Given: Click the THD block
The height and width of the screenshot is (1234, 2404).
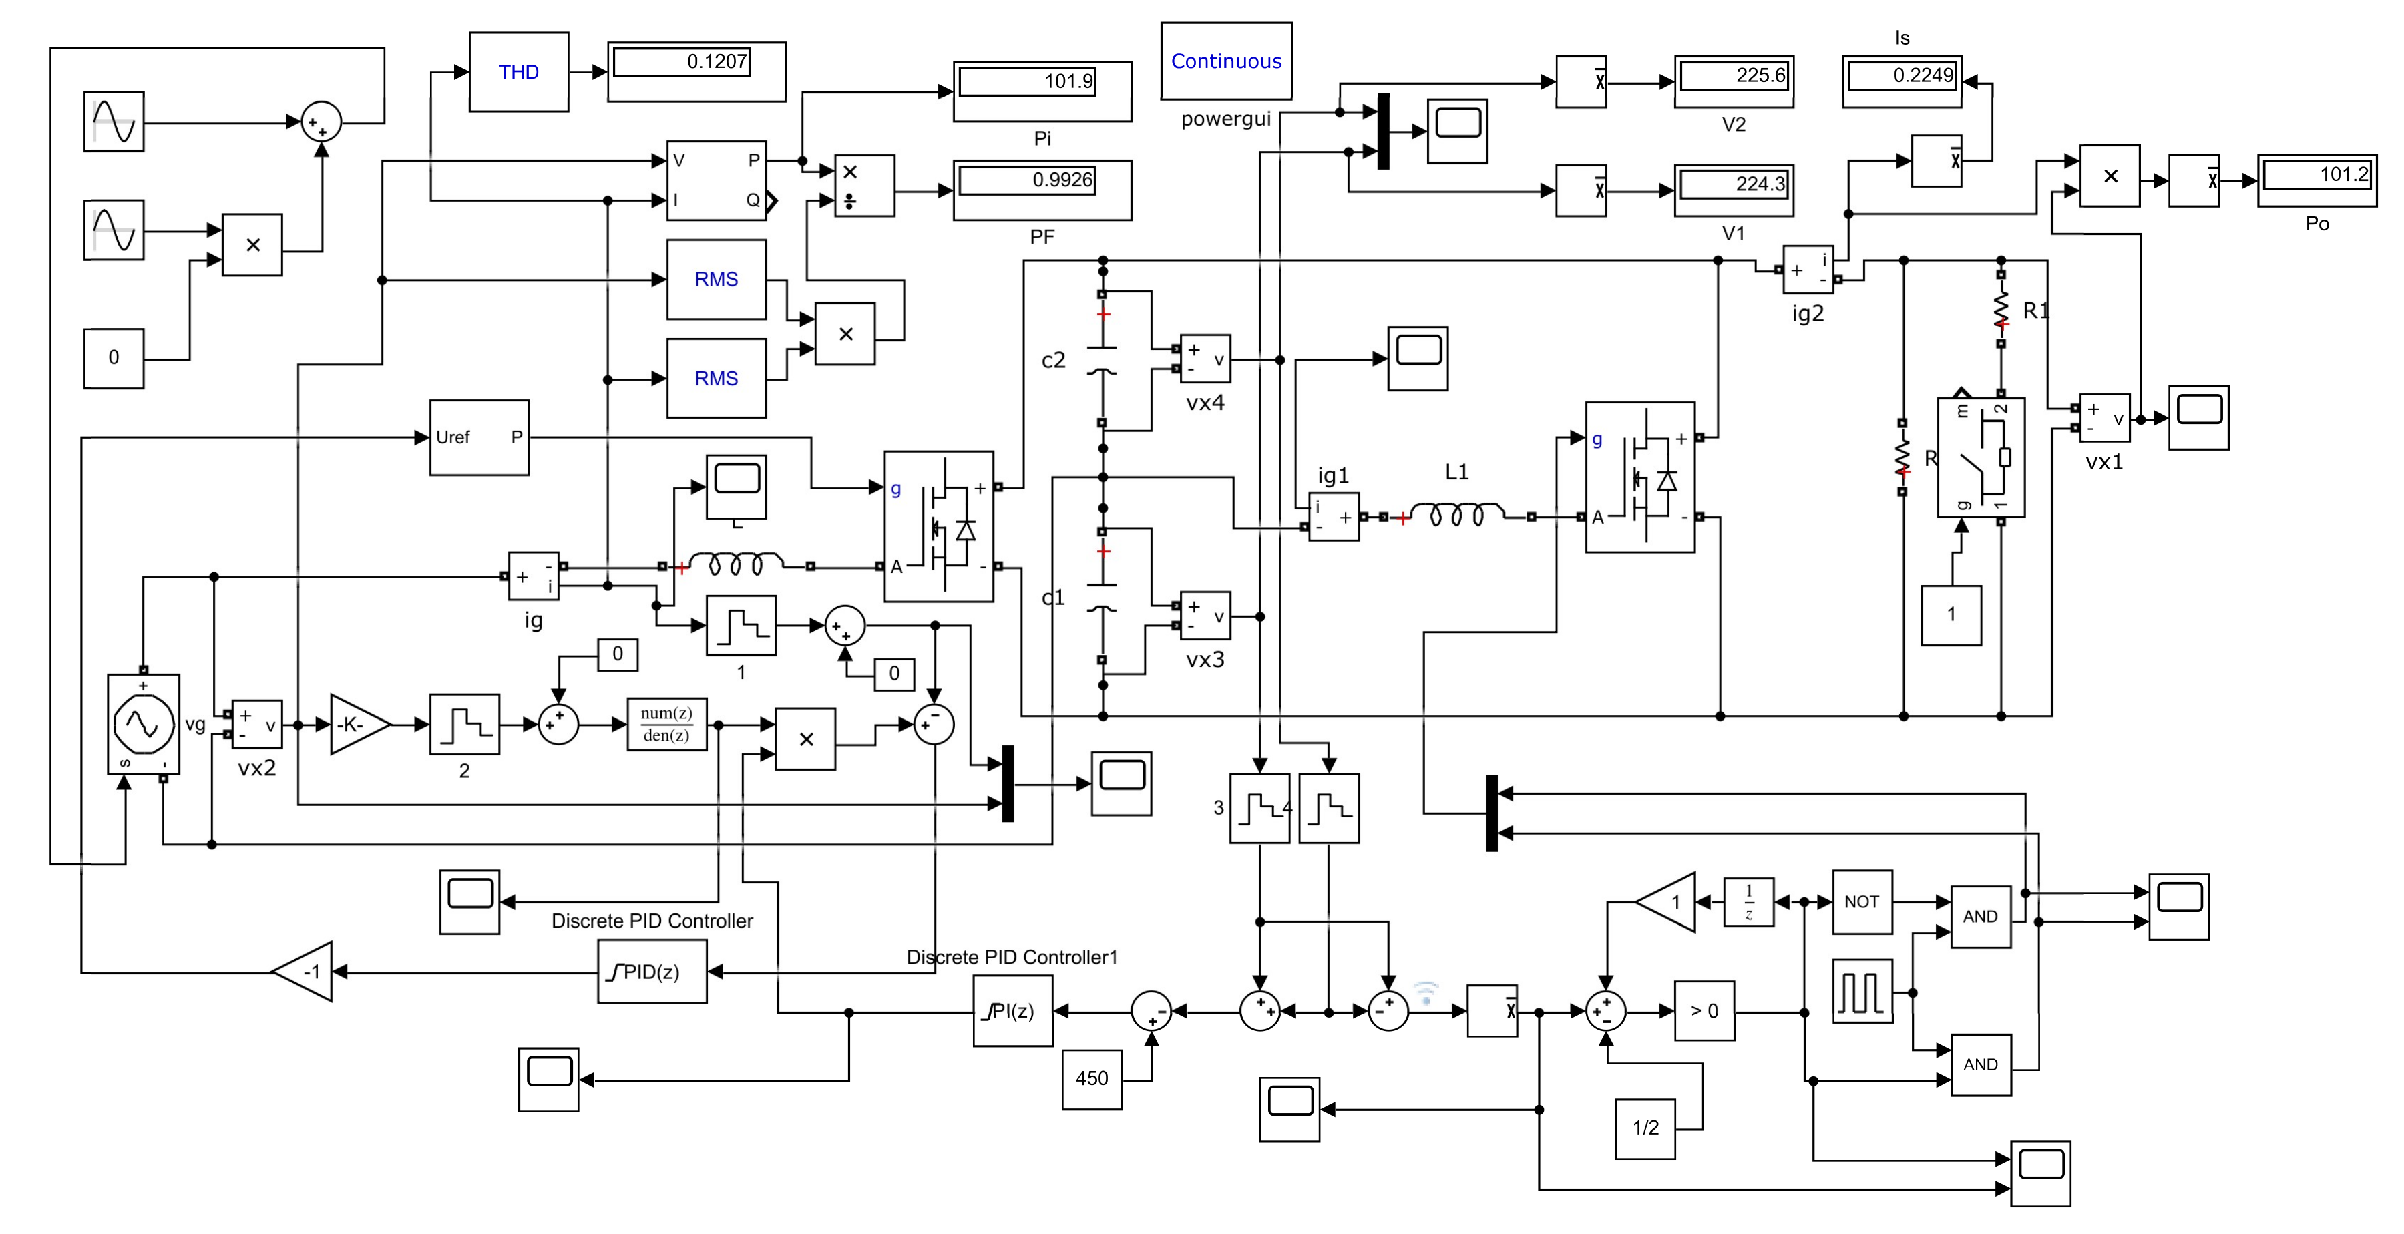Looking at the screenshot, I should pyautogui.click(x=518, y=72).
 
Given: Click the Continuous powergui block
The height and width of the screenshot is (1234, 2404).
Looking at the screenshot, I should pyautogui.click(x=1225, y=61).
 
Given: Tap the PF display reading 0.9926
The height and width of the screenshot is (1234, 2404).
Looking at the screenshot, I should pyautogui.click(x=1042, y=190).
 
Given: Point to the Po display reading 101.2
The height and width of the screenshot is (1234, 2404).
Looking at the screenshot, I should pyautogui.click(x=2317, y=180).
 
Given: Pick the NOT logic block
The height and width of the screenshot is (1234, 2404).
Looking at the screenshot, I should pyautogui.click(x=1861, y=901).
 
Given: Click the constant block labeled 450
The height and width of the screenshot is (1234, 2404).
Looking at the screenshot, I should pyautogui.click(x=1091, y=1078).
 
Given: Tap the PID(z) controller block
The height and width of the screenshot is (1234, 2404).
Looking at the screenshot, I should pyautogui.click(x=651, y=972).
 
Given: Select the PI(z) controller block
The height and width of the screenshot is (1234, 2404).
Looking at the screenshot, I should pyautogui.click(x=1012, y=1011).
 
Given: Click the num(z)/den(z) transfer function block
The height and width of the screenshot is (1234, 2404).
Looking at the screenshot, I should pyautogui.click(x=666, y=725).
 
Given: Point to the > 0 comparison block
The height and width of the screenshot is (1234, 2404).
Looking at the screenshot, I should pyautogui.click(x=1704, y=1011).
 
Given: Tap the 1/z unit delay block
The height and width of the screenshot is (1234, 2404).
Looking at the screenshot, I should pyautogui.click(x=1748, y=901).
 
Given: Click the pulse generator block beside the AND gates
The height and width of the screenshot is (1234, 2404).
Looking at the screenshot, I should pyautogui.click(x=1862, y=992).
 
